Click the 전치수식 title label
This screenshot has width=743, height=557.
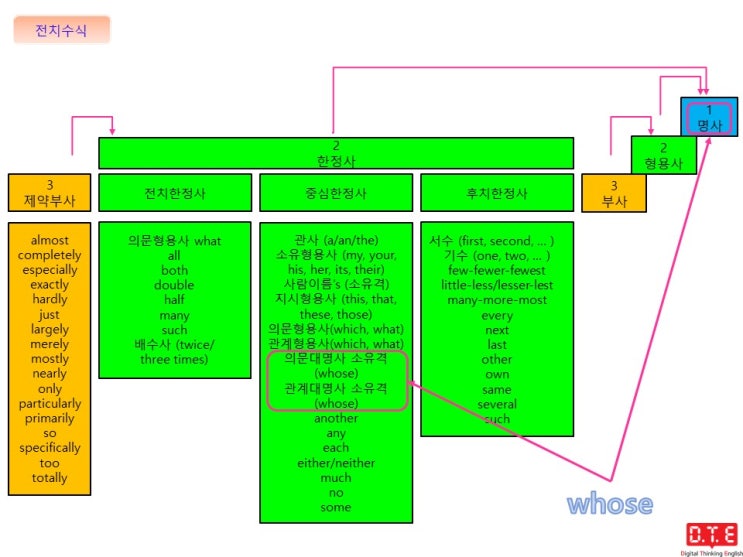[x=62, y=30]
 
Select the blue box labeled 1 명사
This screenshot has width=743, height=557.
[x=709, y=117]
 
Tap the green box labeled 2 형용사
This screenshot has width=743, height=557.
[x=663, y=155]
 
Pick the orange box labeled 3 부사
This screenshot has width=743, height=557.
[x=614, y=193]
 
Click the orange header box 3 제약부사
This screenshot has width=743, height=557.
[x=49, y=192]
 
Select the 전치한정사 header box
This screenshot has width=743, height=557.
[x=175, y=192]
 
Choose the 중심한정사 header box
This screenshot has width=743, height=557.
[x=336, y=192]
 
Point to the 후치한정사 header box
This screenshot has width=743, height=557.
[x=497, y=192]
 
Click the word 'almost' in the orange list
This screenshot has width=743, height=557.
[x=50, y=240]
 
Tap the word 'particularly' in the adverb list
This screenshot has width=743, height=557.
[x=50, y=404]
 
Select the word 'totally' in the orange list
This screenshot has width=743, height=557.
[x=50, y=478]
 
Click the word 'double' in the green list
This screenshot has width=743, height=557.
[x=174, y=285]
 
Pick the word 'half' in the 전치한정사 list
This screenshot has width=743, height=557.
[x=174, y=300]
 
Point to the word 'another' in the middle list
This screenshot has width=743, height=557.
[x=336, y=419]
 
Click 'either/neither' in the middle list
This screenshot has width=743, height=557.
[x=336, y=463]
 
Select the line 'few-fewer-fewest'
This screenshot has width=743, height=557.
[x=497, y=271]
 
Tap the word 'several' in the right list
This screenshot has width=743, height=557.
[x=497, y=404]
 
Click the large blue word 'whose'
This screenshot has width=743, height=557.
[x=610, y=503]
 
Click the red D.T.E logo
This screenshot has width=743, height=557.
[x=711, y=535]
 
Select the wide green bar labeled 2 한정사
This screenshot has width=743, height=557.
[x=336, y=153]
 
